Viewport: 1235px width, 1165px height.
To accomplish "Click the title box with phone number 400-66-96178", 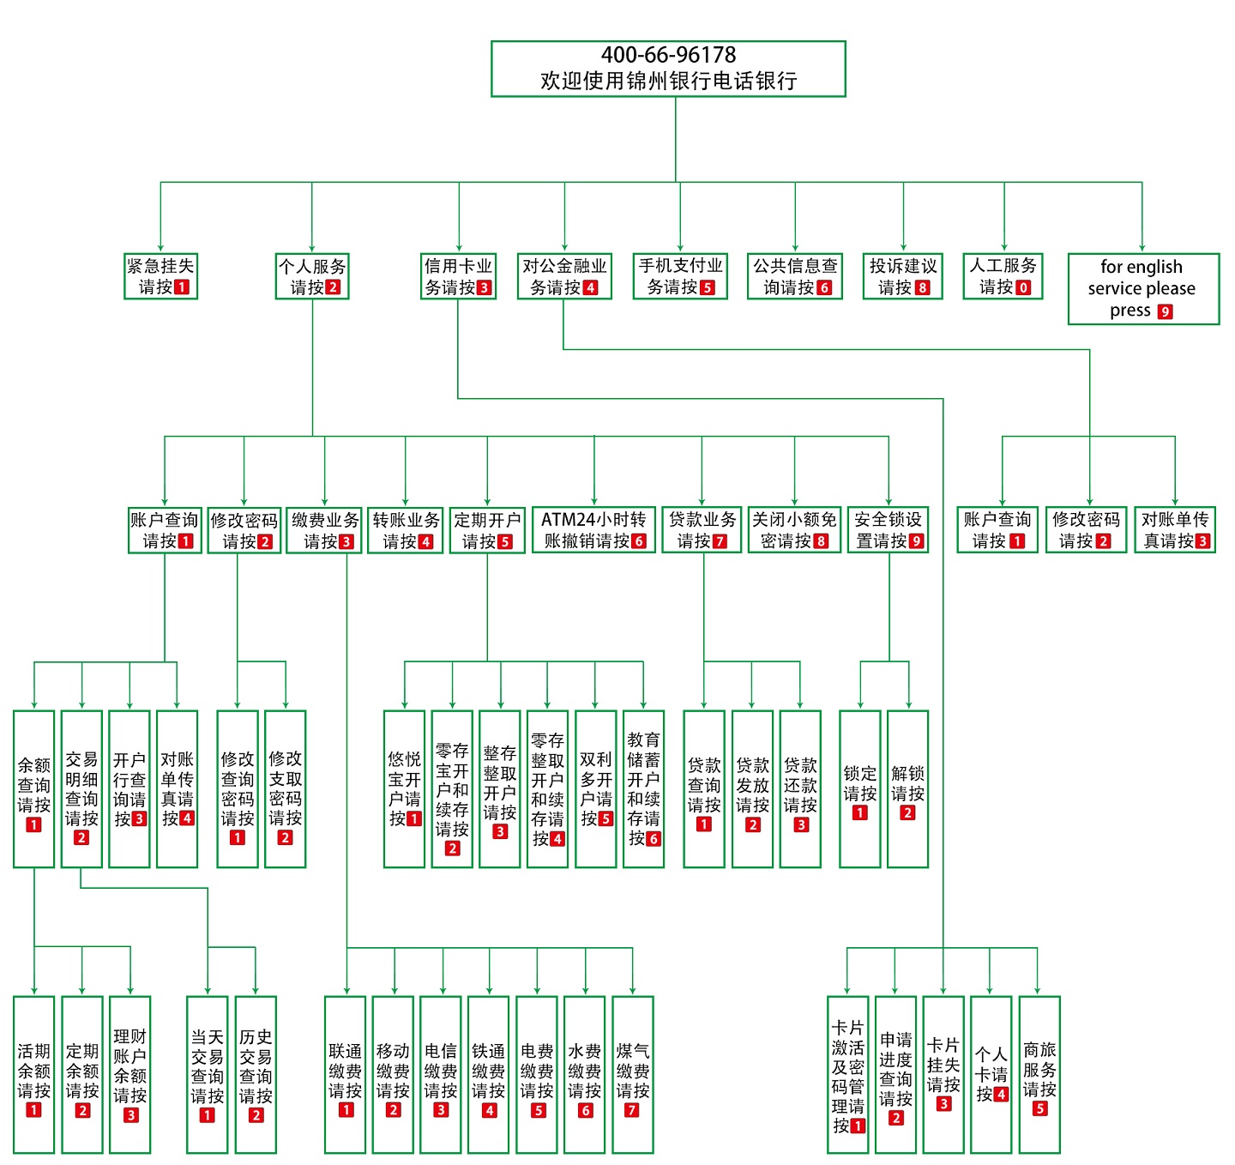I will pyautogui.click(x=668, y=69).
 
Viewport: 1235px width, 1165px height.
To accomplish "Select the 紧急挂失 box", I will pyautogui.click(x=161, y=276).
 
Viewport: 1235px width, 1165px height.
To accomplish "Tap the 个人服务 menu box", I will pyautogui.click(x=312, y=276).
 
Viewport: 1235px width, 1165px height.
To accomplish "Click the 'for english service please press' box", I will pyautogui.click(x=1142, y=289).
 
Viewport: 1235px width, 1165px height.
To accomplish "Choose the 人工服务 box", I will pyautogui.click(x=1003, y=276).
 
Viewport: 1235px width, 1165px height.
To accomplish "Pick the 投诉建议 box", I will pyautogui.click(x=903, y=276).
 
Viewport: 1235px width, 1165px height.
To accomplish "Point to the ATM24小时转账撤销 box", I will pyautogui.click(x=593, y=530).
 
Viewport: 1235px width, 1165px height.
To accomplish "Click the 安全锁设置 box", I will pyautogui.click(x=888, y=530).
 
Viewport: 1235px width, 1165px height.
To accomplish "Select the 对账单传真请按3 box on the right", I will pyautogui.click(x=1174, y=530).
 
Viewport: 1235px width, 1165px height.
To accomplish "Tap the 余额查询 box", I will pyautogui.click(x=34, y=789).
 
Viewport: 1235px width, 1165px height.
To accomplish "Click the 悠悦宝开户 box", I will pyautogui.click(x=405, y=789).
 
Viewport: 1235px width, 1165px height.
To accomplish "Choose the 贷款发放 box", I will pyautogui.click(x=752, y=789).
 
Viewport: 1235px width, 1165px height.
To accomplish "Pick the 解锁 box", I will pyautogui.click(x=907, y=789).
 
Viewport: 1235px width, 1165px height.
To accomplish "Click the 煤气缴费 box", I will pyautogui.click(x=632, y=1075).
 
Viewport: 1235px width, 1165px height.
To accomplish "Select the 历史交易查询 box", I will pyautogui.click(x=256, y=1075).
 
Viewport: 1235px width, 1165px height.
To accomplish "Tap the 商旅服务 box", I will pyautogui.click(x=1039, y=1075).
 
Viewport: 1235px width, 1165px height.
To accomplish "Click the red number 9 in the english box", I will pyautogui.click(x=1165, y=311).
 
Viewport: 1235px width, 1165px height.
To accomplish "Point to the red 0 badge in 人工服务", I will pyautogui.click(x=1023, y=287).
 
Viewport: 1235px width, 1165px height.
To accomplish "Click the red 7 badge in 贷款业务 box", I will pyautogui.click(x=720, y=541).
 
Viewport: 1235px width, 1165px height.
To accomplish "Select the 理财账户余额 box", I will pyautogui.click(x=130, y=1075).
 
